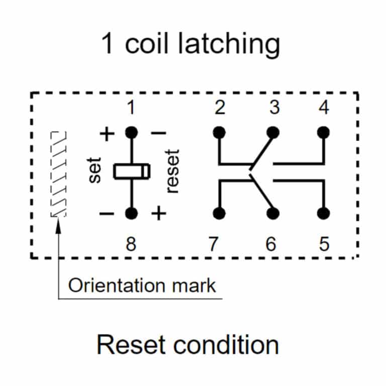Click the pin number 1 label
click(131, 108)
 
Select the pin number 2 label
click(219, 108)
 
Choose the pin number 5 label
click(324, 245)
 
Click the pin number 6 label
click(271, 245)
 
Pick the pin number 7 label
click(214, 245)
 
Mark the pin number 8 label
click(131, 245)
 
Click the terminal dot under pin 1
click(131, 133)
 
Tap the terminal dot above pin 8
click(131, 213)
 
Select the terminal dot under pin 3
click(273, 132)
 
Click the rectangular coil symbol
click(131, 172)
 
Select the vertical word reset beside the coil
click(173, 171)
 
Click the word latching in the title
click(228, 44)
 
